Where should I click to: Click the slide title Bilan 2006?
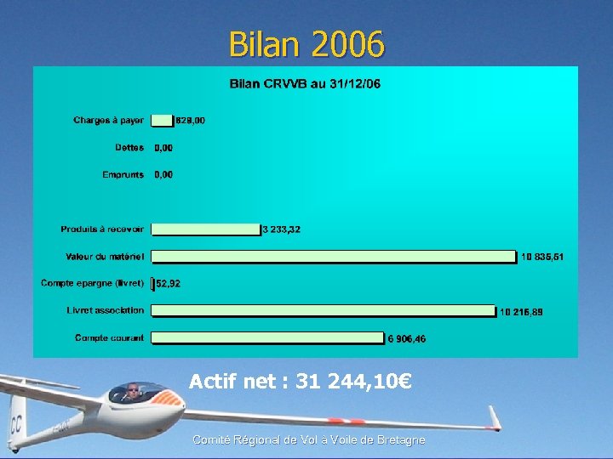306,44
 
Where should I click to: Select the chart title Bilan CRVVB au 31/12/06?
306,83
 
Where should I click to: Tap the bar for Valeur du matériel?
334,256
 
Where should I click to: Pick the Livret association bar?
324,311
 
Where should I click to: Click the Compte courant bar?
267,338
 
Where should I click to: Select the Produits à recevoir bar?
205,229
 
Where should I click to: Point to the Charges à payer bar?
162,121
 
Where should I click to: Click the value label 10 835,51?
541,257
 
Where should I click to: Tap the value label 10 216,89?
521,312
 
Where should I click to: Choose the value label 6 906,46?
407,339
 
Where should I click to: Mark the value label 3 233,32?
281,229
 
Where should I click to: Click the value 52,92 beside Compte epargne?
168,284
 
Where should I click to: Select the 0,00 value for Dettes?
163,148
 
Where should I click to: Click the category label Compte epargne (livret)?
93,283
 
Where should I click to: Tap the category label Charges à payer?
109,121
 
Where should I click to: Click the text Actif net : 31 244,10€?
301,382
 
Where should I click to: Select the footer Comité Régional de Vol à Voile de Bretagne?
308,439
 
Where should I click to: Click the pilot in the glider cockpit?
132,391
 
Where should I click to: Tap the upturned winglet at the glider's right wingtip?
495,418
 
